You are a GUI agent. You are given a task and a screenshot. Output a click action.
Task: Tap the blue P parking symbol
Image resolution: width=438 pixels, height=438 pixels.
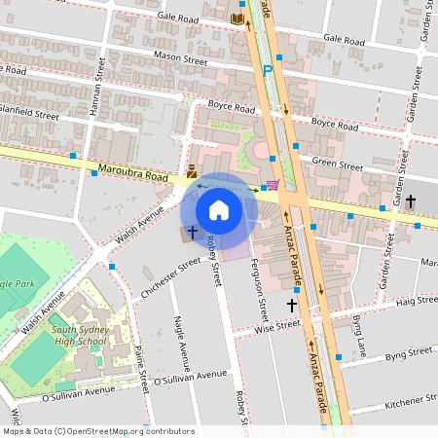tap(268, 70)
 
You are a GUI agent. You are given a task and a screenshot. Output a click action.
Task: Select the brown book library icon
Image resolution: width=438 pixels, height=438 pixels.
tap(237, 18)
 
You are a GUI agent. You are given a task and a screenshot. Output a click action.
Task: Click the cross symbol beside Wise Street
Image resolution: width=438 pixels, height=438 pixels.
tap(291, 306)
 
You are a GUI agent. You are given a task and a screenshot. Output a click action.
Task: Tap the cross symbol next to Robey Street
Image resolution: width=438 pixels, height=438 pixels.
tap(192, 233)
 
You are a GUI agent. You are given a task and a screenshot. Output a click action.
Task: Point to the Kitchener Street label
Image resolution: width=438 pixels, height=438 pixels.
tap(413, 400)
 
